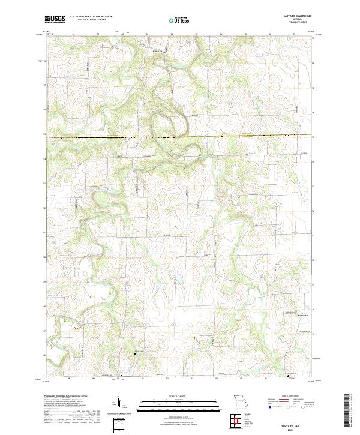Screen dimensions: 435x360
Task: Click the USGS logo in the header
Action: [x=55, y=19]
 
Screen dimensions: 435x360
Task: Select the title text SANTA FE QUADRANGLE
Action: [x=293, y=17]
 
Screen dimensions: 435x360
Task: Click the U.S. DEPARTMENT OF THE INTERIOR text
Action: [x=91, y=17]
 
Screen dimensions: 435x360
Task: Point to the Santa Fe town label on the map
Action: [x=158, y=52]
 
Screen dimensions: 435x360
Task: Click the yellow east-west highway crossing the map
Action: [x=180, y=137]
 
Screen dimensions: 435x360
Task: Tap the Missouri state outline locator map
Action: [x=239, y=401]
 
